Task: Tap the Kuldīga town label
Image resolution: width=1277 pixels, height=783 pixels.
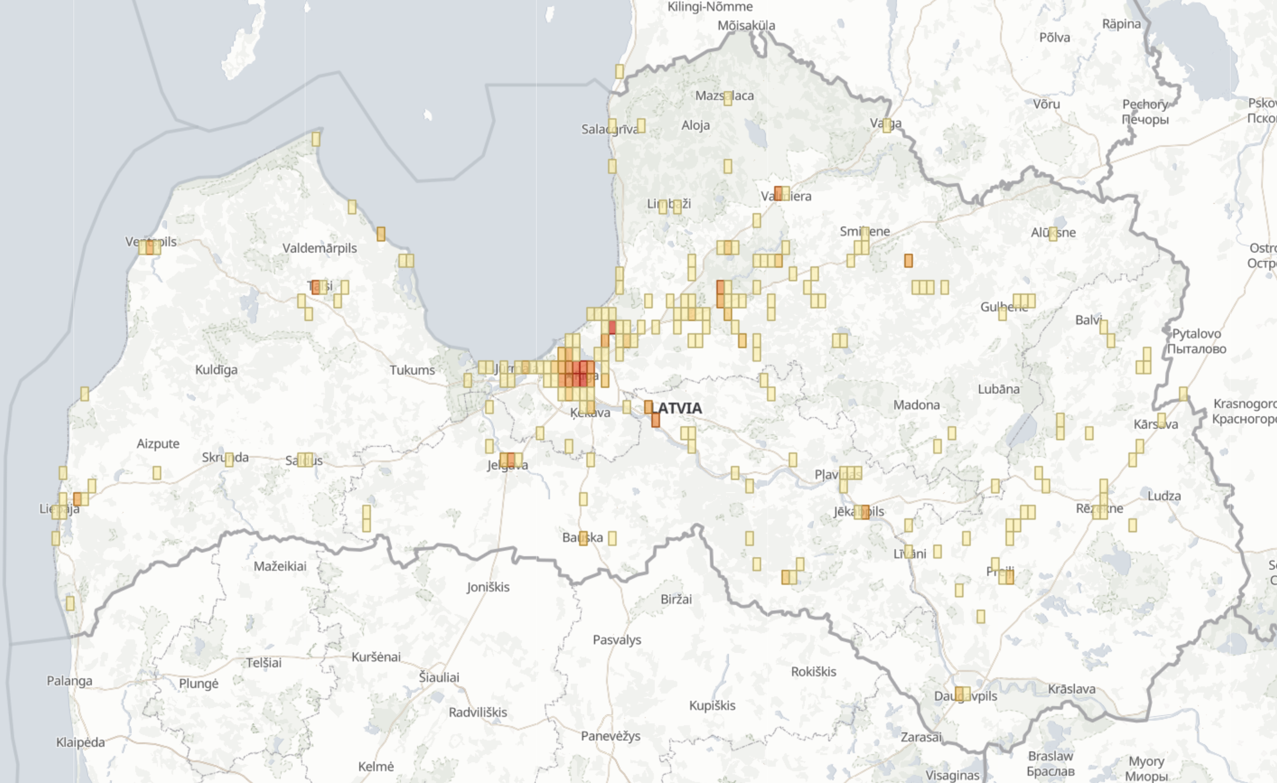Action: coord(216,369)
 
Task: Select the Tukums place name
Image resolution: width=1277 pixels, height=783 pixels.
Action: coord(412,370)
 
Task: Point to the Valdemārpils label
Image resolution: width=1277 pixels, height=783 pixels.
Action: coord(319,248)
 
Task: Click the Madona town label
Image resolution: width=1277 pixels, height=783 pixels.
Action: coord(916,405)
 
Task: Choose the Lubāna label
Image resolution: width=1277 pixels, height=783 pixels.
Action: coord(999,389)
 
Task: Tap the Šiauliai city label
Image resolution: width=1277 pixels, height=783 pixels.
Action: coord(439,677)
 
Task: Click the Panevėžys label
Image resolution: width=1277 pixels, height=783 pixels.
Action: coord(611,735)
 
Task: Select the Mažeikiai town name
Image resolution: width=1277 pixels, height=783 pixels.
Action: coord(280,566)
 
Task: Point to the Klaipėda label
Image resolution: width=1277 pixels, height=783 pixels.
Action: coord(80,742)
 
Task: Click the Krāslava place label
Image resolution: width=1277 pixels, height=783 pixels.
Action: coord(1072,688)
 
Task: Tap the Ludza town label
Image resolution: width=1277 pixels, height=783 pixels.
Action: coord(1164,496)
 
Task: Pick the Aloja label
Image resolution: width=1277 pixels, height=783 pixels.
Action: coord(696,125)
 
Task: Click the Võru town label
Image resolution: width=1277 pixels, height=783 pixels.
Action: coord(1046,104)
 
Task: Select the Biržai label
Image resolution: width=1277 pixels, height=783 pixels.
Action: coord(676,599)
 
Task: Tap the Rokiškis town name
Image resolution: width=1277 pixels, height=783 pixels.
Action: coord(814,672)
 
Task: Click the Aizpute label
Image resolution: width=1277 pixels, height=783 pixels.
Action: coord(158,444)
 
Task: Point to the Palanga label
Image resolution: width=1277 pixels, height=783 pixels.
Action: coord(70,681)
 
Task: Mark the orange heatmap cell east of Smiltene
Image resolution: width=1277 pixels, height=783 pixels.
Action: coord(908,260)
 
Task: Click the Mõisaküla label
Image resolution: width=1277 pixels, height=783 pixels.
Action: coord(746,25)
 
